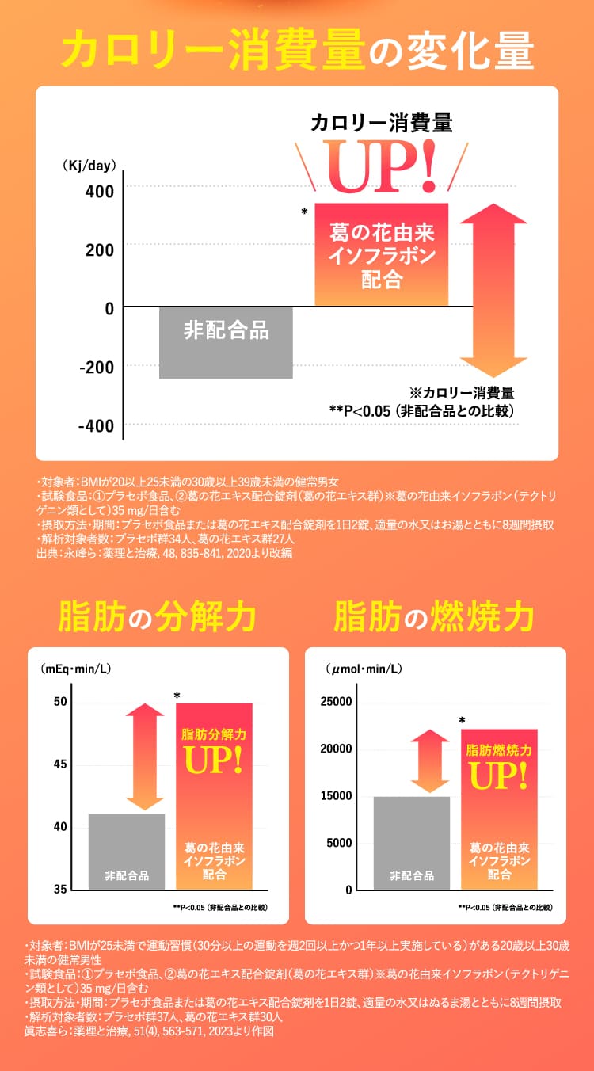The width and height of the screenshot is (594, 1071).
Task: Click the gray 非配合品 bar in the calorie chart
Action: point(226,342)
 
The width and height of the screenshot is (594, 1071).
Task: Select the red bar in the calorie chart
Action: point(382,254)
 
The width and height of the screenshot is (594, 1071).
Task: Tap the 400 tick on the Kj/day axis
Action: point(105,191)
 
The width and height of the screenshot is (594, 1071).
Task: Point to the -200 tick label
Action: point(96,366)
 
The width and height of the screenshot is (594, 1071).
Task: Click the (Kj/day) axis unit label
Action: point(89,166)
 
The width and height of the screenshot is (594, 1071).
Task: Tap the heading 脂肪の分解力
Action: point(157,616)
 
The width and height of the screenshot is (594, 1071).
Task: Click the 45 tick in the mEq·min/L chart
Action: point(61,764)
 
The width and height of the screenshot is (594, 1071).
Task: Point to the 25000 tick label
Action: point(337,702)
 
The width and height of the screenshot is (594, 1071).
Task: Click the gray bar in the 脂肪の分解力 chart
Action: point(127,851)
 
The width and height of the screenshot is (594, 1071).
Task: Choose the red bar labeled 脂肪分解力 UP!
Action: point(214,796)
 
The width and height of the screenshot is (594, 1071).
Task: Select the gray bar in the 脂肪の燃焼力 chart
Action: point(411,842)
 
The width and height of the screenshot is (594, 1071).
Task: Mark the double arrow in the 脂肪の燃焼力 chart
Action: point(429,760)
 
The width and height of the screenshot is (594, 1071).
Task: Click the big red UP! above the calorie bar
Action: point(382,167)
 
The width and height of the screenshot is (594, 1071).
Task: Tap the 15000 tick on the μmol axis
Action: point(337,795)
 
